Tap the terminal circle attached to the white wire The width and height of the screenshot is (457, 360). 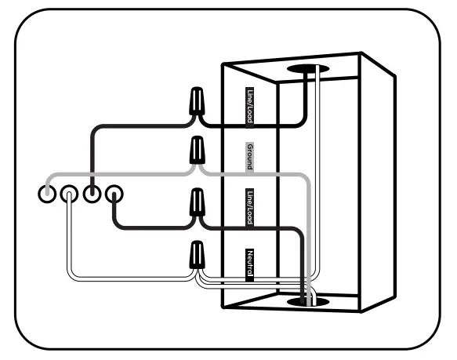69,193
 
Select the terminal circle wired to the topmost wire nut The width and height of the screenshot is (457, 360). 92,193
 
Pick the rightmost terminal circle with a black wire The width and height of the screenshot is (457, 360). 115,193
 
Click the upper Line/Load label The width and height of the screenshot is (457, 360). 250,106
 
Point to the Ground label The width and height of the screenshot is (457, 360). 250,157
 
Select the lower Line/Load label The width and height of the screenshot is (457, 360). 250,207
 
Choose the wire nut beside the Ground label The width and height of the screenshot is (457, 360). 198,148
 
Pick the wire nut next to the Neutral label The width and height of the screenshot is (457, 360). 198,253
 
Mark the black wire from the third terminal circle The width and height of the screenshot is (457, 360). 93,149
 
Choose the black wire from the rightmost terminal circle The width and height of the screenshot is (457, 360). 149,227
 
